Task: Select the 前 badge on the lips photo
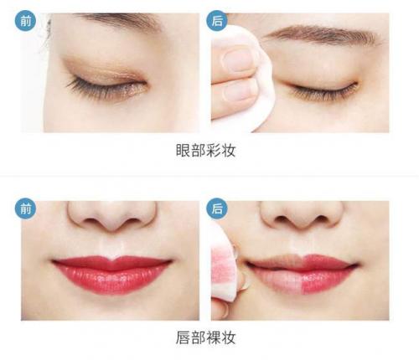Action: coord(24,209)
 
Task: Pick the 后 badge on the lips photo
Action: coord(220,209)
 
